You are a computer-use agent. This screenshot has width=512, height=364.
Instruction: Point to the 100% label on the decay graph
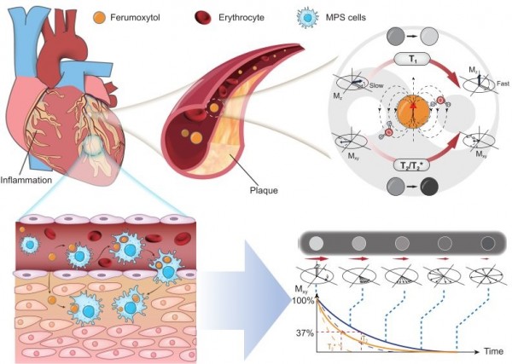305,301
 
